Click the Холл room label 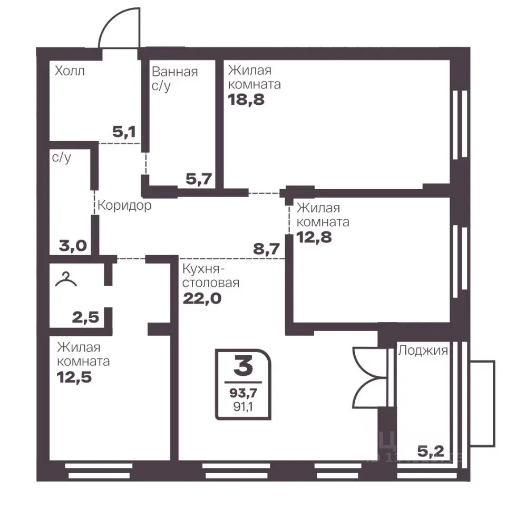click(x=70, y=71)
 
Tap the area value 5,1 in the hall click(x=124, y=132)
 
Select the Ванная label click(x=174, y=71)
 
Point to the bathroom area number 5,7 click(x=199, y=179)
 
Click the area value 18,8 click(x=246, y=100)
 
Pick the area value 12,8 click(x=314, y=237)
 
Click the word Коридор click(x=124, y=205)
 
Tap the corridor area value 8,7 click(x=266, y=249)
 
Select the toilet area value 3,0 click(x=73, y=246)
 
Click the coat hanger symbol click(x=66, y=279)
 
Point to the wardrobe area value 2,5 click(x=85, y=317)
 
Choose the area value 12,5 click(x=74, y=377)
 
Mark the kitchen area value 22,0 click(x=202, y=298)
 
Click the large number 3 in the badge click(x=244, y=367)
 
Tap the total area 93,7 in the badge click(x=244, y=393)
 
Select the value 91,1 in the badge click(x=243, y=407)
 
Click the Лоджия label click(x=423, y=351)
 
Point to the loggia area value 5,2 click(x=431, y=452)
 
